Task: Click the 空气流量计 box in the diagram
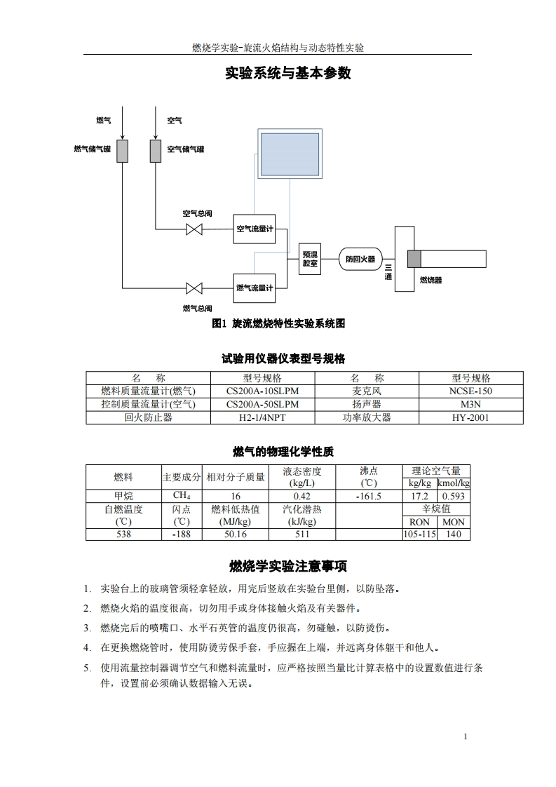[254, 229]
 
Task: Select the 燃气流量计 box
[254, 287]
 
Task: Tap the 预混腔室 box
[310, 259]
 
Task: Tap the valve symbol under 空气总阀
[194, 229]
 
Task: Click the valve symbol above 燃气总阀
[194, 288]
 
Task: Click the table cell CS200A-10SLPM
[262, 391]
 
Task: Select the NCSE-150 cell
[470, 391]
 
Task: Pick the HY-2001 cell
[470, 417]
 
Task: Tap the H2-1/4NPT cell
[262, 417]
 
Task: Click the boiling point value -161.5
[368, 496]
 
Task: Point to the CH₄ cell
[182, 496]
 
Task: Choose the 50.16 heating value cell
[235, 534]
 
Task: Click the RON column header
[419, 522]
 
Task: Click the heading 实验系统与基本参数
[278, 73]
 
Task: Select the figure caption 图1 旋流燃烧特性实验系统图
[278, 323]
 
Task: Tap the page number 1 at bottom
[466, 736]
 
